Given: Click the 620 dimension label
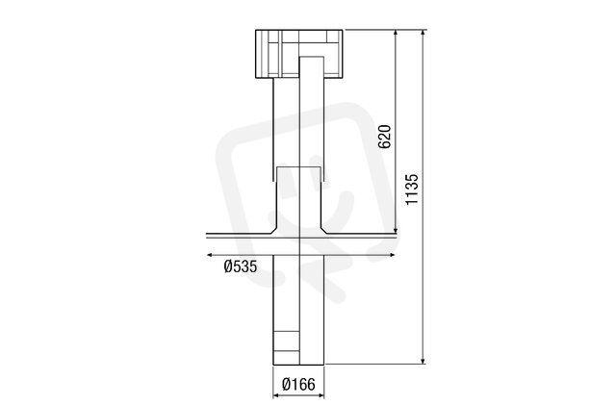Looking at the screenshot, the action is pyautogui.click(x=384, y=137).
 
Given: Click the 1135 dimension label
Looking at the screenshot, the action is pyautogui.click(x=412, y=189).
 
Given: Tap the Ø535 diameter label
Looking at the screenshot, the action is pyautogui.click(x=241, y=266).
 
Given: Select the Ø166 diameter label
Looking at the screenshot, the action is pyautogui.click(x=298, y=384).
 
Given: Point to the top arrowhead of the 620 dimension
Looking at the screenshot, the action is pyautogui.click(x=396, y=33).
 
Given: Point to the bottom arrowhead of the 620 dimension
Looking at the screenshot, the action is pyautogui.click(x=396, y=230).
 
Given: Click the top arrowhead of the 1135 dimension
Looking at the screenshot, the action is pyautogui.click(x=423, y=33).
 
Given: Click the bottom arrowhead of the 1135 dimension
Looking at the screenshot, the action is pyautogui.click(x=423, y=361).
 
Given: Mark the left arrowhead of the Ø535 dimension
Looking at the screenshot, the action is pyautogui.click(x=210, y=255).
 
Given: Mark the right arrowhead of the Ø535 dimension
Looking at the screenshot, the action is pyautogui.click(x=392, y=255).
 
